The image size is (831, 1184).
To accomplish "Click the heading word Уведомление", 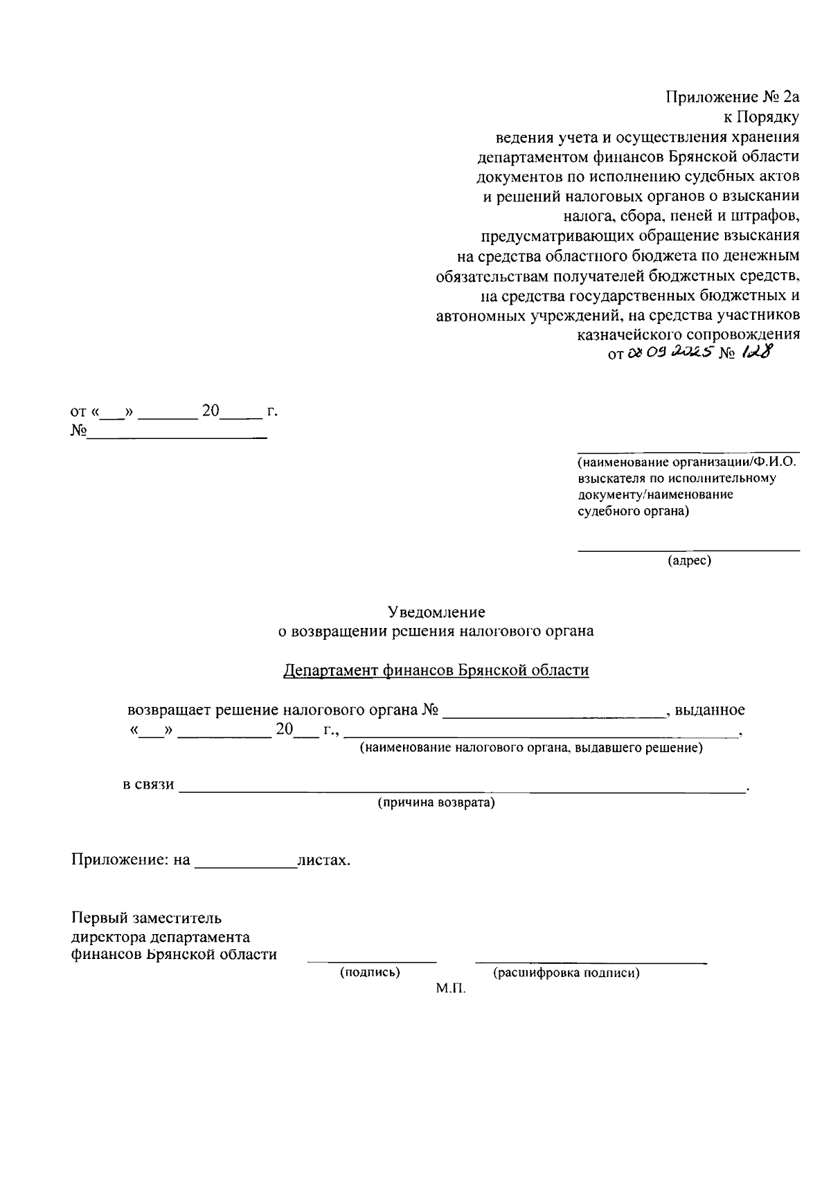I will point(436,612).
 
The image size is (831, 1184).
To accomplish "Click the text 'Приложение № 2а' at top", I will point(733,97).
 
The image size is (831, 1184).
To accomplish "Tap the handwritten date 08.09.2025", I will point(671,353).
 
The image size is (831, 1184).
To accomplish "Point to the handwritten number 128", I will point(756,352).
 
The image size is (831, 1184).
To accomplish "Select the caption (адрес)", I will point(689,561).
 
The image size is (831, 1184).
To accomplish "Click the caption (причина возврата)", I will point(436,803).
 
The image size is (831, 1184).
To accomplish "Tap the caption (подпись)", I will point(370,973).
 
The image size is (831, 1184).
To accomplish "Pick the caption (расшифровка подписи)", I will point(566,973).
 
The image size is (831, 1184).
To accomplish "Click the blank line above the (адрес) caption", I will point(689,550).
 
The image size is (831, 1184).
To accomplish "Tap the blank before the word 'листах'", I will point(245,866).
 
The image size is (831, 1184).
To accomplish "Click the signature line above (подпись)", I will point(372,962).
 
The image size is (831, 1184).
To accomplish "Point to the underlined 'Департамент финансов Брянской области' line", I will point(436,670).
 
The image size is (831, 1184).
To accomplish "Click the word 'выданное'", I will point(710,710).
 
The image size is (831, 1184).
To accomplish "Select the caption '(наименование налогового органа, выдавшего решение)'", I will point(530,748).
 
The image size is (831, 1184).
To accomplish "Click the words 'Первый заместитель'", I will point(146,918).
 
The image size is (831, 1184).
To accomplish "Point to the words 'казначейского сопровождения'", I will point(688,334).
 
